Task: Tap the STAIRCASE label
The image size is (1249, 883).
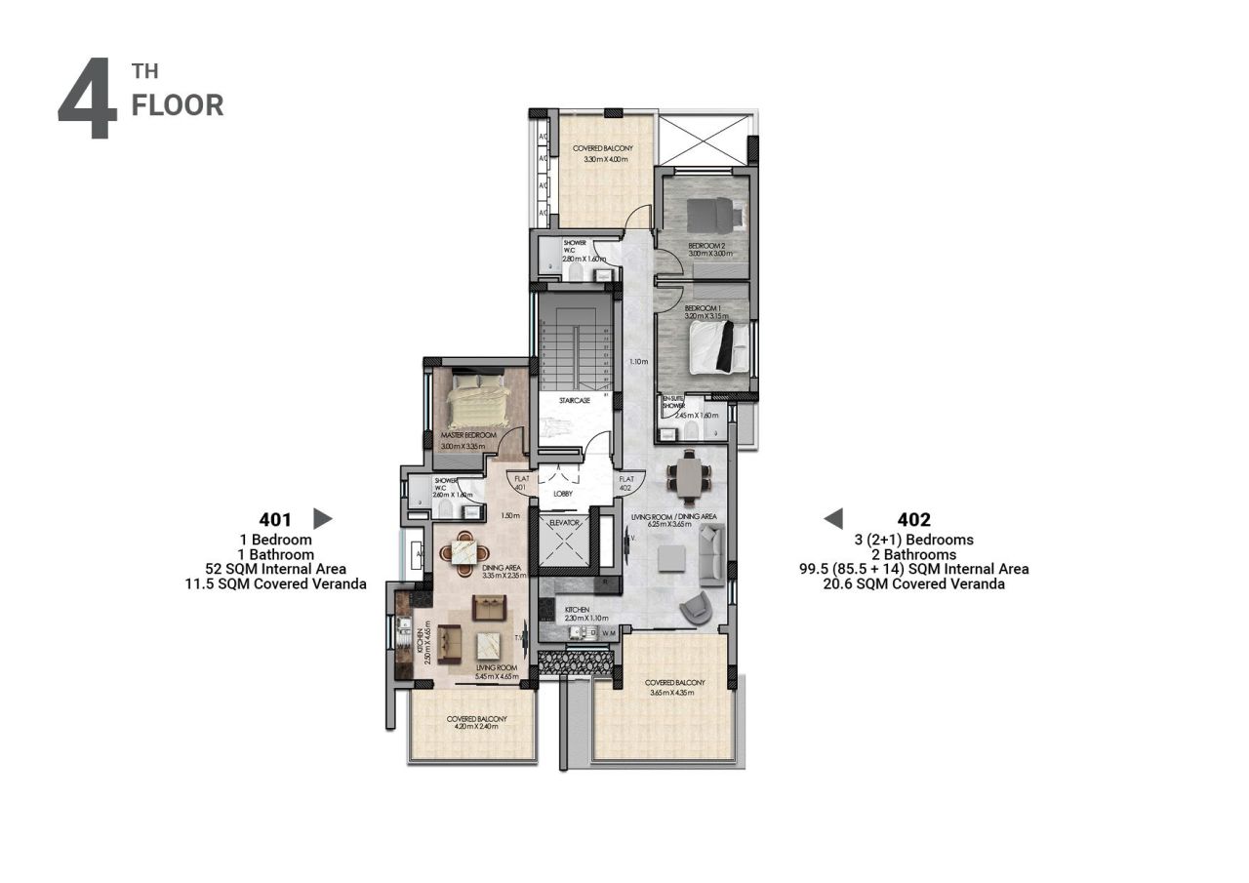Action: [x=574, y=401]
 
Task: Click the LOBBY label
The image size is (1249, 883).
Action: [x=563, y=494]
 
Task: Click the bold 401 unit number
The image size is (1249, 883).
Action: [x=276, y=519]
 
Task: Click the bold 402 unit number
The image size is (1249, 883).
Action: [x=913, y=519]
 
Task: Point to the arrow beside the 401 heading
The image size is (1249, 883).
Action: [x=322, y=519]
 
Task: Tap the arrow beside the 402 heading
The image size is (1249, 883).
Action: [x=832, y=518]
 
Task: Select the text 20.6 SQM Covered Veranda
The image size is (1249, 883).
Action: [x=913, y=583]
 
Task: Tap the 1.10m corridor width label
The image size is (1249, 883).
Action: [x=639, y=362]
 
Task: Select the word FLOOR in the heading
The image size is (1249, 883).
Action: [x=178, y=104]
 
